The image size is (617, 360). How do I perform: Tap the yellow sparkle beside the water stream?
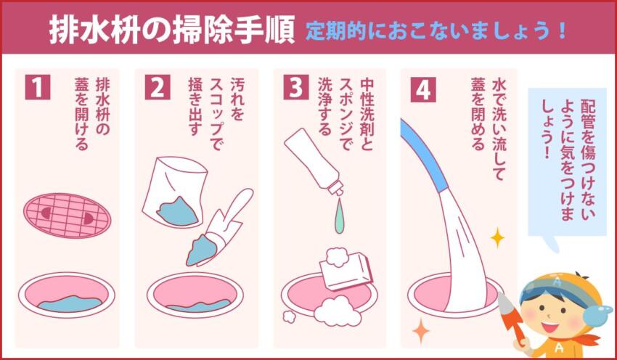click(497, 237)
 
